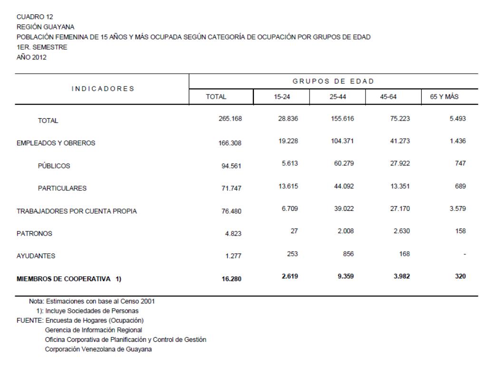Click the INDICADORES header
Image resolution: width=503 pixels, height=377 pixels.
tap(102, 89)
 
